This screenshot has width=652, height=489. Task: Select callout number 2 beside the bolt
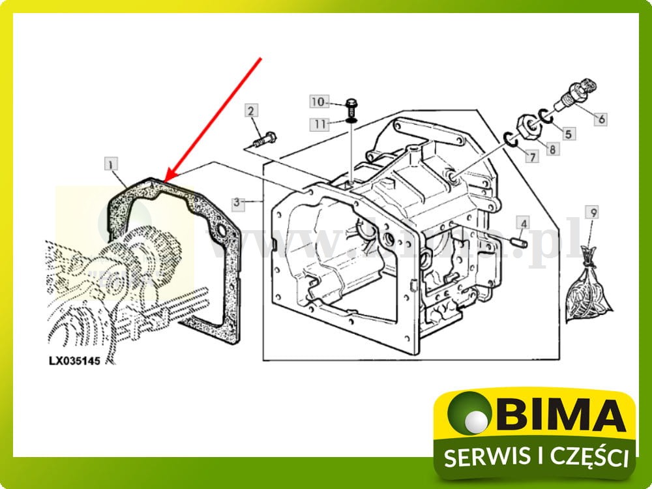point(252,110)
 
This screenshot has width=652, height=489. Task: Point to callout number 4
point(523,224)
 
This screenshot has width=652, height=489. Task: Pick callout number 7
point(532,156)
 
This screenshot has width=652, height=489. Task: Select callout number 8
point(553,149)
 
